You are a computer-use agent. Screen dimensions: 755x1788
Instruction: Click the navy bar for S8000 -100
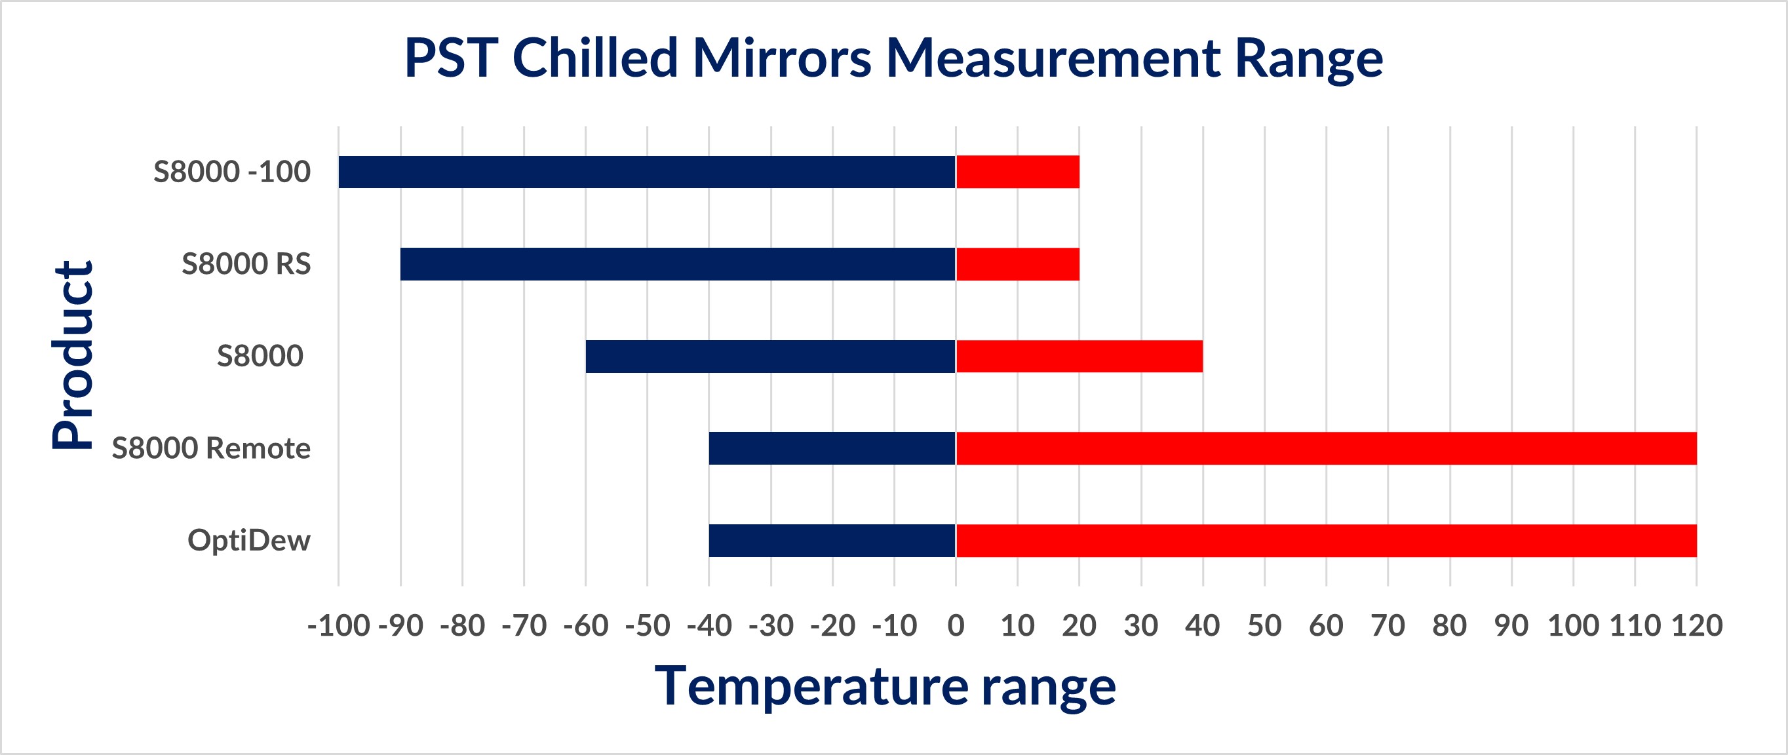click(x=647, y=172)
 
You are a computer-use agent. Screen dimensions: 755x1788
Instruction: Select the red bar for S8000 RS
click(x=1018, y=263)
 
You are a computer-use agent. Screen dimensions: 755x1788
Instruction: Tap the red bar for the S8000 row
click(x=1079, y=356)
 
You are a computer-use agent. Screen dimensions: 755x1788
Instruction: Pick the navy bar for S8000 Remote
click(x=832, y=448)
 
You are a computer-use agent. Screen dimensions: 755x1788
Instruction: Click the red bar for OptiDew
click(x=1326, y=541)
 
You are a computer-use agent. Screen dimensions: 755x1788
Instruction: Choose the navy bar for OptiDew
click(x=832, y=541)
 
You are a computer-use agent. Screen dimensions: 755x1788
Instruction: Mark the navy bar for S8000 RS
click(x=678, y=263)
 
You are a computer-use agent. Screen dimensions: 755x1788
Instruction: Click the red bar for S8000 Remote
click(x=1326, y=448)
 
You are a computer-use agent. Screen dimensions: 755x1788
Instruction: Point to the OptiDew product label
click(x=248, y=541)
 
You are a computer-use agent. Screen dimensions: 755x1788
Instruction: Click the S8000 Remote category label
click(x=211, y=448)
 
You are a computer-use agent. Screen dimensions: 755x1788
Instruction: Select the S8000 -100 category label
click(x=232, y=172)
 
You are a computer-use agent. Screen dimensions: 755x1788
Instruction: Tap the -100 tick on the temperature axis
click(x=338, y=626)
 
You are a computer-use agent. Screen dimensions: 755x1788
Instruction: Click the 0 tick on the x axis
click(x=956, y=626)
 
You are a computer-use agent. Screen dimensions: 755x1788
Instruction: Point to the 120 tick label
click(x=1696, y=626)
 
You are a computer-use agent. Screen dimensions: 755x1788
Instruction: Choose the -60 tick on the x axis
click(x=586, y=626)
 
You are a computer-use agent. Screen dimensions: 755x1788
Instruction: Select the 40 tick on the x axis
click(x=1202, y=626)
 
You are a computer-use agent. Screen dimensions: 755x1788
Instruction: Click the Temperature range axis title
click(x=885, y=686)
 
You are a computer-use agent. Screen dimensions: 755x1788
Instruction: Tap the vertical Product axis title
click(x=72, y=355)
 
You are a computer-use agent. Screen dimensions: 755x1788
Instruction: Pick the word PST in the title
click(x=451, y=58)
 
